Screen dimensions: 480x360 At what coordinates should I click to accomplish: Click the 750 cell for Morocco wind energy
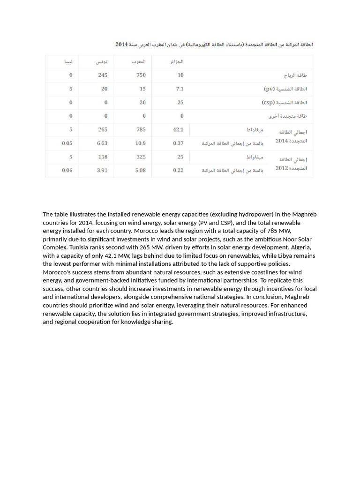[x=141, y=75]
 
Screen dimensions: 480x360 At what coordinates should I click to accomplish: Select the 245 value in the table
[x=103, y=75]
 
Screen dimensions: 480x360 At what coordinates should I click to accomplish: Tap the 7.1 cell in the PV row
[x=180, y=89]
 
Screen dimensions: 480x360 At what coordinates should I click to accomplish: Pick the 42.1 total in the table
[x=178, y=129]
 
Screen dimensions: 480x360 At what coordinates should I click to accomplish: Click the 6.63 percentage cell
[x=102, y=143]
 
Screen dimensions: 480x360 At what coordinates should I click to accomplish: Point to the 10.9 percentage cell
[x=140, y=143]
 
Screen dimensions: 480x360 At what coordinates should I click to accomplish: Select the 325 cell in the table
[x=141, y=157]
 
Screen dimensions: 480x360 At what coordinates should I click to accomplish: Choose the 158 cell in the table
[x=103, y=157]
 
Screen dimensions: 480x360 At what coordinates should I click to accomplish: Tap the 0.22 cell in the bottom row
[x=178, y=171]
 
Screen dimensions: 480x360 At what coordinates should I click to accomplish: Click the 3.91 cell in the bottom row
[x=102, y=171]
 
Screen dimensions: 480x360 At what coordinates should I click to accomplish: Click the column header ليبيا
[x=68, y=62]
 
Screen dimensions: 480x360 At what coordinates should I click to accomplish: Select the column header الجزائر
[x=176, y=62]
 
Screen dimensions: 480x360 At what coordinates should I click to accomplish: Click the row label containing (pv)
[x=285, y=89]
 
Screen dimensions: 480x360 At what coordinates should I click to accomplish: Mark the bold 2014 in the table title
[x=121, y=45]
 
